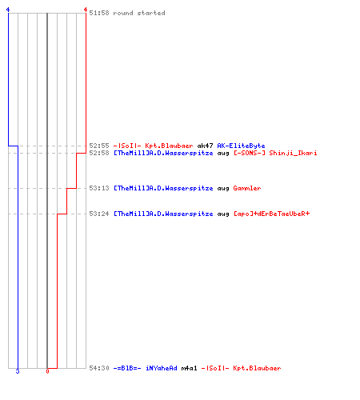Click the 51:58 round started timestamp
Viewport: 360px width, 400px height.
click(99, 13)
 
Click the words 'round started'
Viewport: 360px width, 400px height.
click(139, 13)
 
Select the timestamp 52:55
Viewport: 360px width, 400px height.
click(99, 146)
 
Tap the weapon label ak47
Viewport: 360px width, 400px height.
click(205, 146)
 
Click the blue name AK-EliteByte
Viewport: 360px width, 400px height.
click(241, 146)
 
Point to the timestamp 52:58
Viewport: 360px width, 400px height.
click(99, 153)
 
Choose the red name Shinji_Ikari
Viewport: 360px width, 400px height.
click(293, 153)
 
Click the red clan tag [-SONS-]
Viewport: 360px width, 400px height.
click(250, 153)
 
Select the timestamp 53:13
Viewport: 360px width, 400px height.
click(99, 188)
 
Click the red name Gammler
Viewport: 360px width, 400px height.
click(247, 188)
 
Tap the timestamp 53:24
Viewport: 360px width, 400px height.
click(99, 214)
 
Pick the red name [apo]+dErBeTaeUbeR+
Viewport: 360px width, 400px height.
click(271, 214)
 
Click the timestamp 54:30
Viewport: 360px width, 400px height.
click(99, 368)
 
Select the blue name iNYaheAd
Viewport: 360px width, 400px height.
click(162, 368)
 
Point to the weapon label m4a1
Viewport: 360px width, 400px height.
click(189, 368)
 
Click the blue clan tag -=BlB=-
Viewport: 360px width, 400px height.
click(127, 368)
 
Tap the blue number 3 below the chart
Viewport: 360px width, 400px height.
click(18, 371)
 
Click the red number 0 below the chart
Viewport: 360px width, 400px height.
click(47, 371)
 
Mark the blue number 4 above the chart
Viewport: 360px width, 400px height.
click(8, 10)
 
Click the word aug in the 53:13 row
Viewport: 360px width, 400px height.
click(223, 189)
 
